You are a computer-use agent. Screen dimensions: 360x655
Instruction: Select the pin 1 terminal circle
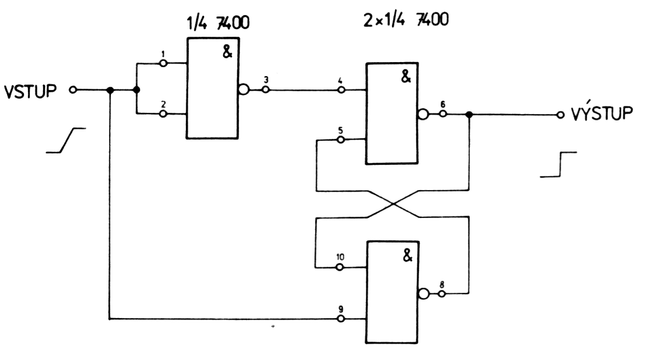coord(163,63)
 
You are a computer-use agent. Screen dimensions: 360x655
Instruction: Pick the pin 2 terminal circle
coord(163,113)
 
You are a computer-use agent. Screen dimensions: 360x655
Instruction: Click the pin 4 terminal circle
coord(341,90)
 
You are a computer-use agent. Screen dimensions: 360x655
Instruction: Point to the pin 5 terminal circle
coord(341,139)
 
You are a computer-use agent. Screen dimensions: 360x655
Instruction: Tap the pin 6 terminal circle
coord(443,115)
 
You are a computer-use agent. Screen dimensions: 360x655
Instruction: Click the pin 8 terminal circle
coord(443,293)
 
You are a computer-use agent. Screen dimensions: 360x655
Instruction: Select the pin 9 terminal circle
coord(341,318)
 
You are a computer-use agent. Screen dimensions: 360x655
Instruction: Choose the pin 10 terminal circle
coord(341,267)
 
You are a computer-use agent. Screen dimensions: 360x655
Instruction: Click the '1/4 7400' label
coord(217,23)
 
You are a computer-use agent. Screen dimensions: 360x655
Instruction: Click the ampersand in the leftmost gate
coord(226,53)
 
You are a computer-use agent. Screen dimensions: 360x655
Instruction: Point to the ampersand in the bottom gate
coord(406,256)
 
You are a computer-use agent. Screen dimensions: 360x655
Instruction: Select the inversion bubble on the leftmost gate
coord(243,89)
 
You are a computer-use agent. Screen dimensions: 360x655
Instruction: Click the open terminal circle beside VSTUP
coord(73,90)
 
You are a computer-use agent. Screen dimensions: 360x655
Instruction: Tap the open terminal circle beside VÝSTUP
coord(560,115)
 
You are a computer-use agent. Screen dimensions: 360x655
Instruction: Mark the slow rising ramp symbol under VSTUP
coord(65,141)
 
